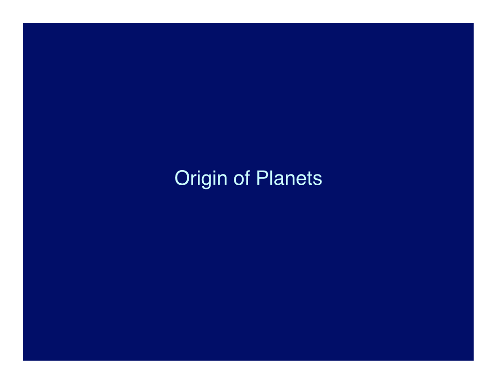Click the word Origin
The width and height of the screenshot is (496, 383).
tap(201, 179)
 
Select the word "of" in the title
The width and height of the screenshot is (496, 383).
tap(242, 178)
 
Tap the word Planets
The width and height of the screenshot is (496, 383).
tap(289, 178)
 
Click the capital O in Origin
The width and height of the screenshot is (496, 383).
tap(182, 178)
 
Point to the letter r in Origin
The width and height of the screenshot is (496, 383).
tap(194, 180)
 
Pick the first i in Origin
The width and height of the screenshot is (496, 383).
tap(199, 178)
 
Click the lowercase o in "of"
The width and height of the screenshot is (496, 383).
tap(239, 180)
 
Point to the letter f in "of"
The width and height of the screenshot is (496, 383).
tap(248, 178)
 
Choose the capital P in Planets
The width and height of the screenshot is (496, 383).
tap(263, 178)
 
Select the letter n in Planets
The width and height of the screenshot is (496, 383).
tap(291, 180)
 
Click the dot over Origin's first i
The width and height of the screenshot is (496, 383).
tap(199, 172)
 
